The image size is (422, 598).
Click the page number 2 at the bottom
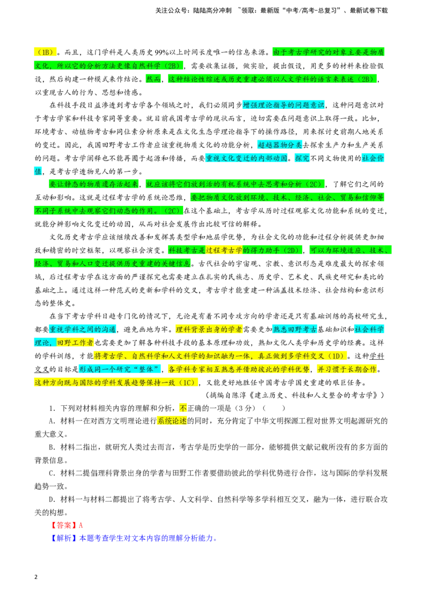click(36, 577)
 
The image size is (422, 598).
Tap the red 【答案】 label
click(64, 525)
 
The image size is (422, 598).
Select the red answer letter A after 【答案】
click(81, 525)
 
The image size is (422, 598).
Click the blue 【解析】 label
click(64, 538)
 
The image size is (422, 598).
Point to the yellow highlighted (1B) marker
click(45, 52)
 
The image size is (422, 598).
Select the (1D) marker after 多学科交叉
click(336, 356)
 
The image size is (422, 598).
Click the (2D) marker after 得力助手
click(291, 250)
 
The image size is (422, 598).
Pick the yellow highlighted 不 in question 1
click(183, 408)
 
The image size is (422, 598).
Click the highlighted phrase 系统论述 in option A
click(172, 421)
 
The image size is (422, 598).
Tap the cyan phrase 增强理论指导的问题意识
click(283, 105)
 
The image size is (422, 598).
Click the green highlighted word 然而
click(154, 79)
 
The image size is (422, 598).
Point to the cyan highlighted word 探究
click(302, 158)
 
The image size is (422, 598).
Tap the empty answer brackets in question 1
click(274, 408)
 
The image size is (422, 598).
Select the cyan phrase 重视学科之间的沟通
click(83, 329)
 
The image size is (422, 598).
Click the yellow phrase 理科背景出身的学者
click(209, 329)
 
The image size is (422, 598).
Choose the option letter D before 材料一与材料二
click(52, 499)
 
